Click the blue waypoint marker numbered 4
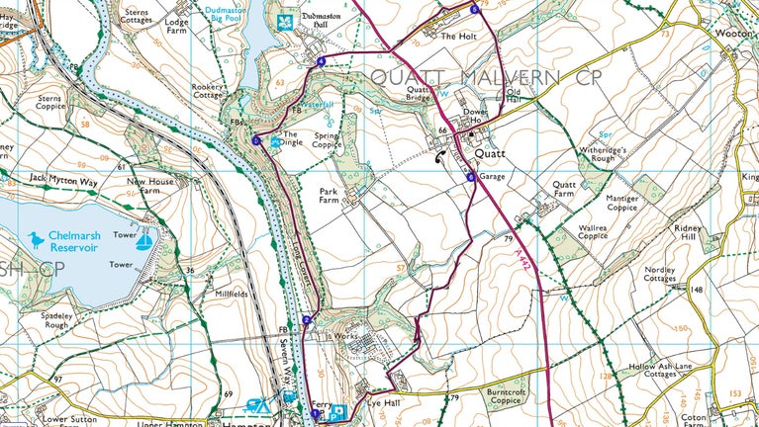tap(322, 61)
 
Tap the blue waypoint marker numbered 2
tap(307, 319)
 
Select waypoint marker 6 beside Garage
tap(472, 177)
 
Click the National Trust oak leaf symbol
tap(287, 20)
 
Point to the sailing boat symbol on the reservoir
tap(144, 241)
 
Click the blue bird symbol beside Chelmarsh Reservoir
tap(38, 239)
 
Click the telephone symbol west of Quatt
tap(440, 156)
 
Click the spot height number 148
tap(697, 290)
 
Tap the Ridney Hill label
tap(686, 234)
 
